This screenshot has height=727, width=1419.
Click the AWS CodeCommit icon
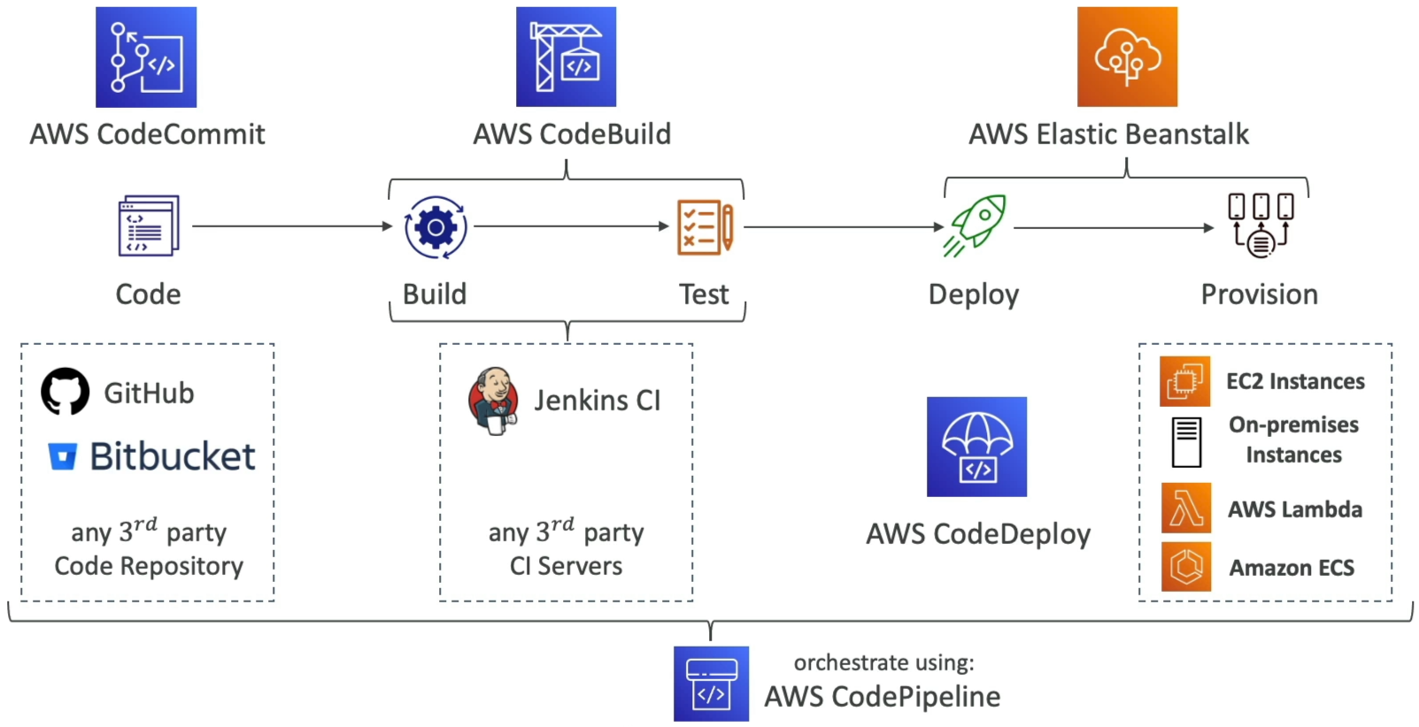[146, 57]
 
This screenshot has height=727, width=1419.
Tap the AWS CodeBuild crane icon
[566, 57]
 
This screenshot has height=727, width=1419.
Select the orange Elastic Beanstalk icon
[1127, 57]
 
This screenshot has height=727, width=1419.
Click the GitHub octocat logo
[66, 391]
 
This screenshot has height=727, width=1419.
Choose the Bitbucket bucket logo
[63, 456]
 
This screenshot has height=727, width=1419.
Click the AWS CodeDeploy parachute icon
[976, 447]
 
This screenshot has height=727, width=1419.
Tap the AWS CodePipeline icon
[711, 684]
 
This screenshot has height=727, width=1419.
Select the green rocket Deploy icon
[975, 226]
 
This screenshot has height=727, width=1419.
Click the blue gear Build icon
[436, 227]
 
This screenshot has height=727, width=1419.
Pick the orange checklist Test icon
[706, 227]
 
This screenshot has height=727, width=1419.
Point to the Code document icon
[149, 226]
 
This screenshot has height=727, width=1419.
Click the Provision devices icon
[1261, 226]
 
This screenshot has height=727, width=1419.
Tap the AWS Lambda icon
[1186, 508]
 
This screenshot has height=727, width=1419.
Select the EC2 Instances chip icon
[1184, 381]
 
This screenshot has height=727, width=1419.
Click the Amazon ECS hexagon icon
[1186, 566]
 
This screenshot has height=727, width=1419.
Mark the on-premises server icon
[1186, 442]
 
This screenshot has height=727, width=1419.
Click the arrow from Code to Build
[293, 226]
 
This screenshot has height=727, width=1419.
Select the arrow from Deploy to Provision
[1114, 228]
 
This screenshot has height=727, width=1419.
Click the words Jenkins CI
[597, 401]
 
